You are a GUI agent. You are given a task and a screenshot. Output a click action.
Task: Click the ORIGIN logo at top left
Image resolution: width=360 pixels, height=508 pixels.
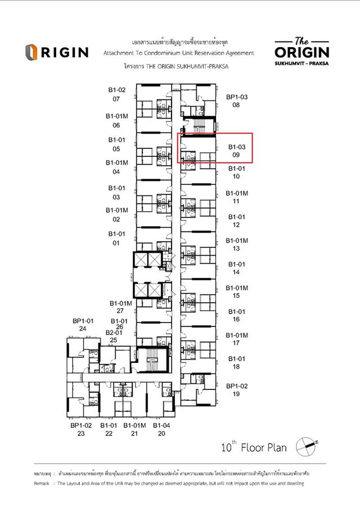tap(56, 52)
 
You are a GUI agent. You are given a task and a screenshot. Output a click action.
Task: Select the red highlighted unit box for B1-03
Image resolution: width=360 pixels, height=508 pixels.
tap(215, 148)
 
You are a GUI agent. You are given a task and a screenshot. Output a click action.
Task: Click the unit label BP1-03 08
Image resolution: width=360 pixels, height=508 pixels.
tap(237, 101)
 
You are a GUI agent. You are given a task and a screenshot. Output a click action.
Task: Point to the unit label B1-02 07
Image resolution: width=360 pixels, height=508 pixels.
tap(117, 94)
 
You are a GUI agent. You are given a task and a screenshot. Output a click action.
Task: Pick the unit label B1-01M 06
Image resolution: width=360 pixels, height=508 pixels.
tap(117, 121)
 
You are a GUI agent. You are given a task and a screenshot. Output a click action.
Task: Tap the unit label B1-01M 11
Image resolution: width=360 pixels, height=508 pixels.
tap(237, 197)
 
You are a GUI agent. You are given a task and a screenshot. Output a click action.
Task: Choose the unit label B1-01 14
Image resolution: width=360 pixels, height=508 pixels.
tap(237, 268)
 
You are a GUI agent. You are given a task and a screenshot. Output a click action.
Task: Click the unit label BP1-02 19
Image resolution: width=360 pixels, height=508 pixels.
tap(237, 390)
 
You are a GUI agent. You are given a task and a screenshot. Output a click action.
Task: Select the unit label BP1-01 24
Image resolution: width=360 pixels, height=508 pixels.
tap(83, 324)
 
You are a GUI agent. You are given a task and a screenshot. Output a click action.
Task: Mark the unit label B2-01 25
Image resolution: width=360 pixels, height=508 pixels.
tap(114, 336)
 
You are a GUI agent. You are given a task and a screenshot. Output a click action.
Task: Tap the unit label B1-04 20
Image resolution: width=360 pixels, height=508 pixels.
tap(162, 429)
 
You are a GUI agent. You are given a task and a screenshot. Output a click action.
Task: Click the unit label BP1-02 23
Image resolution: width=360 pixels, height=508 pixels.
tap(81, 429)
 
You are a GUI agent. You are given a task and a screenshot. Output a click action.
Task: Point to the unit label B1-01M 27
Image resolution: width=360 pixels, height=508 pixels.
tap(120, 306)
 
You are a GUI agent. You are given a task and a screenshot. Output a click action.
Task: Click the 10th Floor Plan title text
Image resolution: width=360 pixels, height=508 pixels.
tap(254, 448)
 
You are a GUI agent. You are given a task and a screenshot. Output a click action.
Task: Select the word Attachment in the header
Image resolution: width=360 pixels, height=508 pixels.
tap(121, 53)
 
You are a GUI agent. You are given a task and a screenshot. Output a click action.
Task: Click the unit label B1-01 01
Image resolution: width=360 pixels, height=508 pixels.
tap(117, 238)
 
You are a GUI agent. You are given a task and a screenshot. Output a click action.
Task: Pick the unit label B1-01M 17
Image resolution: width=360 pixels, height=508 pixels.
tap(237, 339)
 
